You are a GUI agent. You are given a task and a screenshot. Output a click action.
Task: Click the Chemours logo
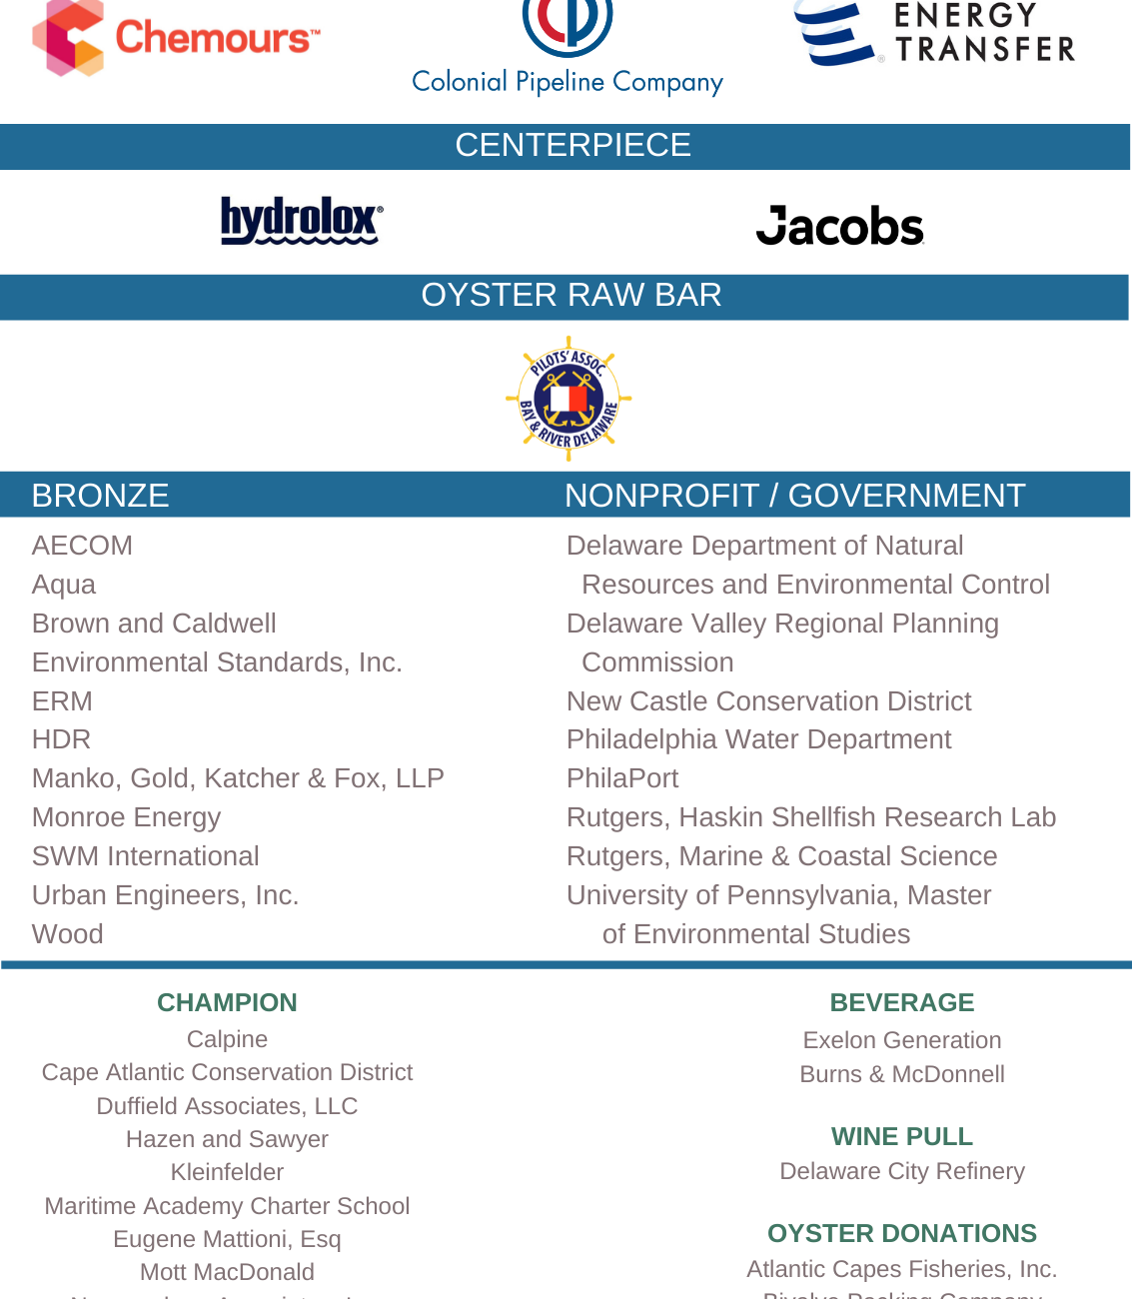click(x=176, y=38)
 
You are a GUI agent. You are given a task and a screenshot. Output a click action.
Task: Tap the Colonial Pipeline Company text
click(x=566, y=82)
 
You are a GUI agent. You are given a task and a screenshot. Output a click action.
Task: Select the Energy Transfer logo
click(x=933, y=34)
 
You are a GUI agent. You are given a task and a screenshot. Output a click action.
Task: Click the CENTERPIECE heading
click(x=572, y=146)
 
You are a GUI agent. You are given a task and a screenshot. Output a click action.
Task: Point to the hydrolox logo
click(x=301, y=220)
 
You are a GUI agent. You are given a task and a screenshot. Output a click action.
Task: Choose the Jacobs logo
click(x=839, y=226)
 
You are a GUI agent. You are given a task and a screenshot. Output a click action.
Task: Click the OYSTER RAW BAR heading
click(x=570, y=296)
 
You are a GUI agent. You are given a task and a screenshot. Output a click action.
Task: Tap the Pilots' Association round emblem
click(x=568, y=399)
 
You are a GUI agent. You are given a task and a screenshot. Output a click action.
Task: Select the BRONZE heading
click(x=100, y=496)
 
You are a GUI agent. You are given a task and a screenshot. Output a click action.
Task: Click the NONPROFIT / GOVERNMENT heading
click(x=794, y=496)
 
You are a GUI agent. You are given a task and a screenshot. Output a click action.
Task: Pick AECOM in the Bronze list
click(x=82, y=546)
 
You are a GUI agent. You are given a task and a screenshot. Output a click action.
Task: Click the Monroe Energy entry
click(x=126, y=817)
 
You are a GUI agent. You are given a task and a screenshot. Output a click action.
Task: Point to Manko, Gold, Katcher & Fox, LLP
click(x=238, y=778)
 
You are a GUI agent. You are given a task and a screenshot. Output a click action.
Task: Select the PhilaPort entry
click(x=622, y=778)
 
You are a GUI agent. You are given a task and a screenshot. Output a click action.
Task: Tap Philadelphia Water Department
click(x=758, y=739)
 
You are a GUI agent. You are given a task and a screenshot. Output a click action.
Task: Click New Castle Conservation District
click(x=768, y=701)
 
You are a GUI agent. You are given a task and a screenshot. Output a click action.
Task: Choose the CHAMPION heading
click(x=227, y=1002)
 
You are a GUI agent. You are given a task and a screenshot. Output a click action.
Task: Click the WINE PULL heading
click(x=901, y=1136)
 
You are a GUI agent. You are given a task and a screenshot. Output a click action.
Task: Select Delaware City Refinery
click(x=901, y=1171)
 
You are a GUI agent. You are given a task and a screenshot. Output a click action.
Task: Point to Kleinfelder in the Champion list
click(x=227, y=1172)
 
